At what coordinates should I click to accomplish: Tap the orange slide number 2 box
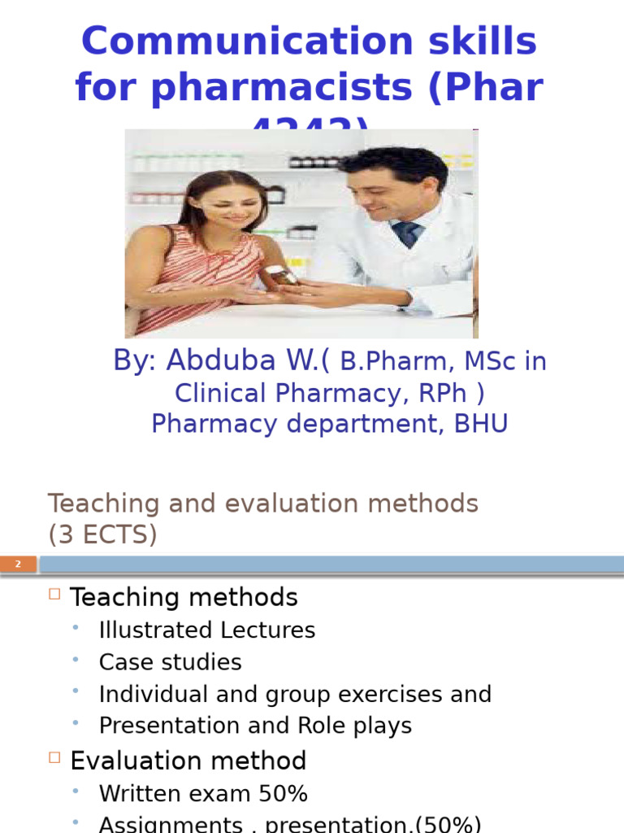[18, 564]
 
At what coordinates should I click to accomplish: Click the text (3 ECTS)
[102, 534]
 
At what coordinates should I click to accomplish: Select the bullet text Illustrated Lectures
[207, 630]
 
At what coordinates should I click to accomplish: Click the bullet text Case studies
[171, 662]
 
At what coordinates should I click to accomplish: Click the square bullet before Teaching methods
[54, 594]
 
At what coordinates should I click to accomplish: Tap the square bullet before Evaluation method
[54, 757]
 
